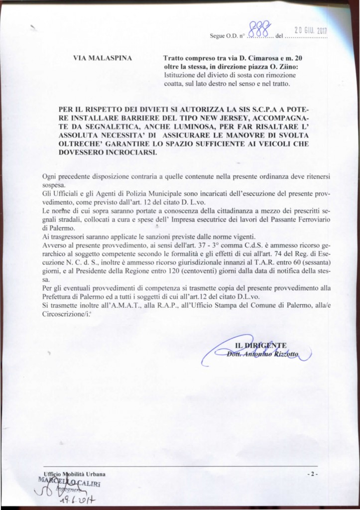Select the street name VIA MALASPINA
tap(103, 59)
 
